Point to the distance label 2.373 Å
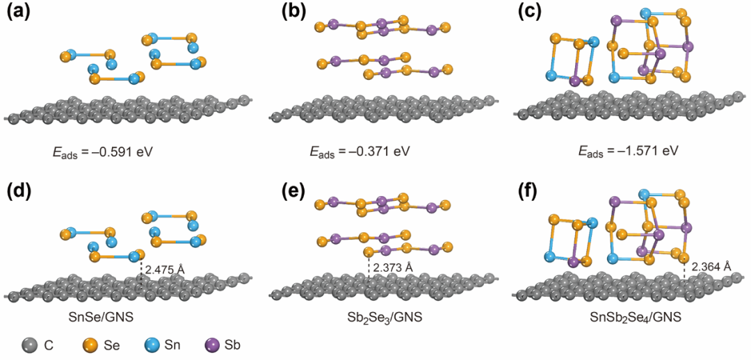[x=393, y=268]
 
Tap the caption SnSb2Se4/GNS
[x=638, y=318]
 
